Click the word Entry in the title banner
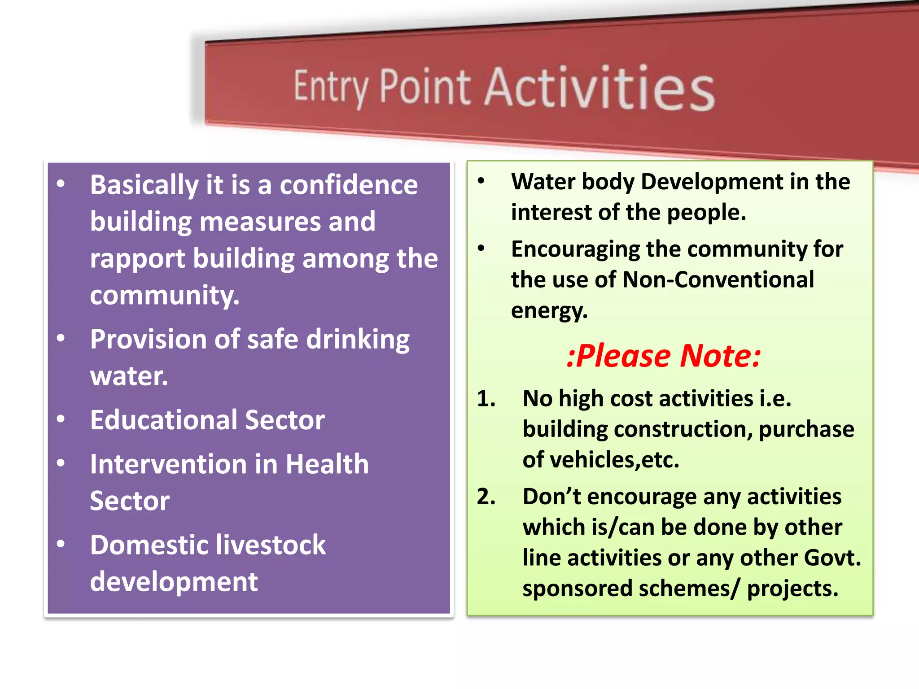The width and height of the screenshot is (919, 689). [331, 87]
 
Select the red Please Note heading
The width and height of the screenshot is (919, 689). [663, 356]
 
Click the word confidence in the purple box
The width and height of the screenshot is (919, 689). [349, 185]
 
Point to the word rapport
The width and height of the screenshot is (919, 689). [137, 259]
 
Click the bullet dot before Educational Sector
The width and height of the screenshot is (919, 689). [61, 419]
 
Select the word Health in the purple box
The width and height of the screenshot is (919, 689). [327, 464]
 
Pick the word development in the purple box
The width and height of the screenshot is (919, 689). [174, 582]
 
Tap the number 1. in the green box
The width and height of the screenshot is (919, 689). [486, 398]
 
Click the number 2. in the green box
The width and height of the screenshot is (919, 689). [486, 497]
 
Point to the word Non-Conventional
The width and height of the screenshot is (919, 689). [718, 279]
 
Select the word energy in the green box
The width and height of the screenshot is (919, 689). [549, 310]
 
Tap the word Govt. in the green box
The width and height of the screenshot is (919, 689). [832, 558]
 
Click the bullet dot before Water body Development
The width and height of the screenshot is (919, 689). [481, 181]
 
